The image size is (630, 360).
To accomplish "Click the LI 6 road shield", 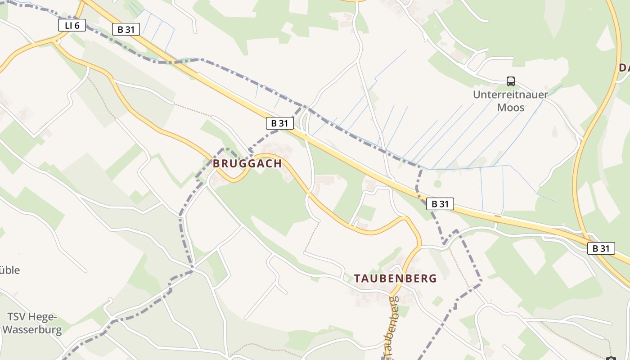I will (72, 25).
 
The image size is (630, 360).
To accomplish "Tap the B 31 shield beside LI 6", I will (126, 30).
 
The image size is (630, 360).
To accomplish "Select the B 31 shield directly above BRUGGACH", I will (279, 123).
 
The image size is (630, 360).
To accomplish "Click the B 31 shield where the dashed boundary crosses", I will (440, 204).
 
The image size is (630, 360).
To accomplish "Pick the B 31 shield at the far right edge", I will (601, 248).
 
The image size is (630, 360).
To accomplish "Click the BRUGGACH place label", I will (247, 164).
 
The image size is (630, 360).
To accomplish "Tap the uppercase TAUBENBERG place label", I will (395, 279).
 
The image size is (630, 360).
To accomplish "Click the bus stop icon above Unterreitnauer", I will (510, 81).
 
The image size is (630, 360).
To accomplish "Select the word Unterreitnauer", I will (510, 95).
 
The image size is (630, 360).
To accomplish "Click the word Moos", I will (510, 108).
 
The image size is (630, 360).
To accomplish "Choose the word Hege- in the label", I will (45, 317).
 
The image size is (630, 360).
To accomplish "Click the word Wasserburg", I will (32, 330).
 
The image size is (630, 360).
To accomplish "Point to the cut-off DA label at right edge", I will (624, 68).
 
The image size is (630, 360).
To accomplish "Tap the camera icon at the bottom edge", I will (611, 358).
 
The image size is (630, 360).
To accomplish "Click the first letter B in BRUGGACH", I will (216, 164).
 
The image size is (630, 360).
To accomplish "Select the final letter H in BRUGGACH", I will (278, 164).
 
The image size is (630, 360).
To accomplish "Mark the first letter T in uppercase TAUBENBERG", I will (357, 279).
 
